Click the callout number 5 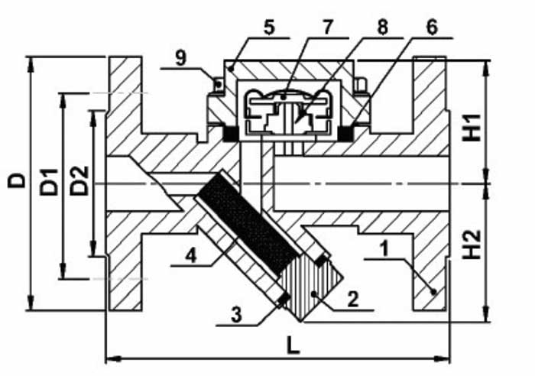coord(269,28)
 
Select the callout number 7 coord(327,28)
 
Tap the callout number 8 coord(382,28)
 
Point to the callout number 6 coord(432,28)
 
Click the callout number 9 coord(181,58)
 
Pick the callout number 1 coord(385,248)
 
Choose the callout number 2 coord(353,300)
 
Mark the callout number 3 coord(236,315)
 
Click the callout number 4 coord(191,255)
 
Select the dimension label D coord(16,180)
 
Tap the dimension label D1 coord(49,182)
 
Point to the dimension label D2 coord(79,180)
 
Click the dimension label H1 coord(472,128)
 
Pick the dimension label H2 coord(472,245)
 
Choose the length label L coord(293,347)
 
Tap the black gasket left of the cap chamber coord(230,133)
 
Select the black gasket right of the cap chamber coord(345,133)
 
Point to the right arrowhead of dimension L coord(442,358)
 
